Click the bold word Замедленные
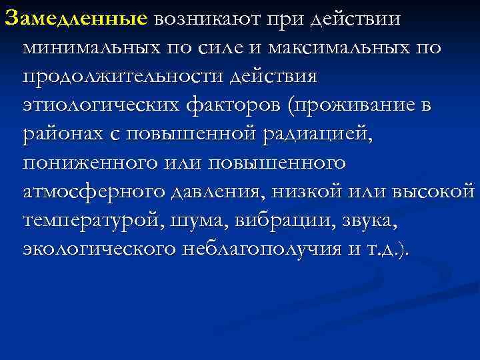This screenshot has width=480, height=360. point(75,19)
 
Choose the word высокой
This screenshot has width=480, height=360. point(434,192)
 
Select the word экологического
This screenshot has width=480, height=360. point(99,249)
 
